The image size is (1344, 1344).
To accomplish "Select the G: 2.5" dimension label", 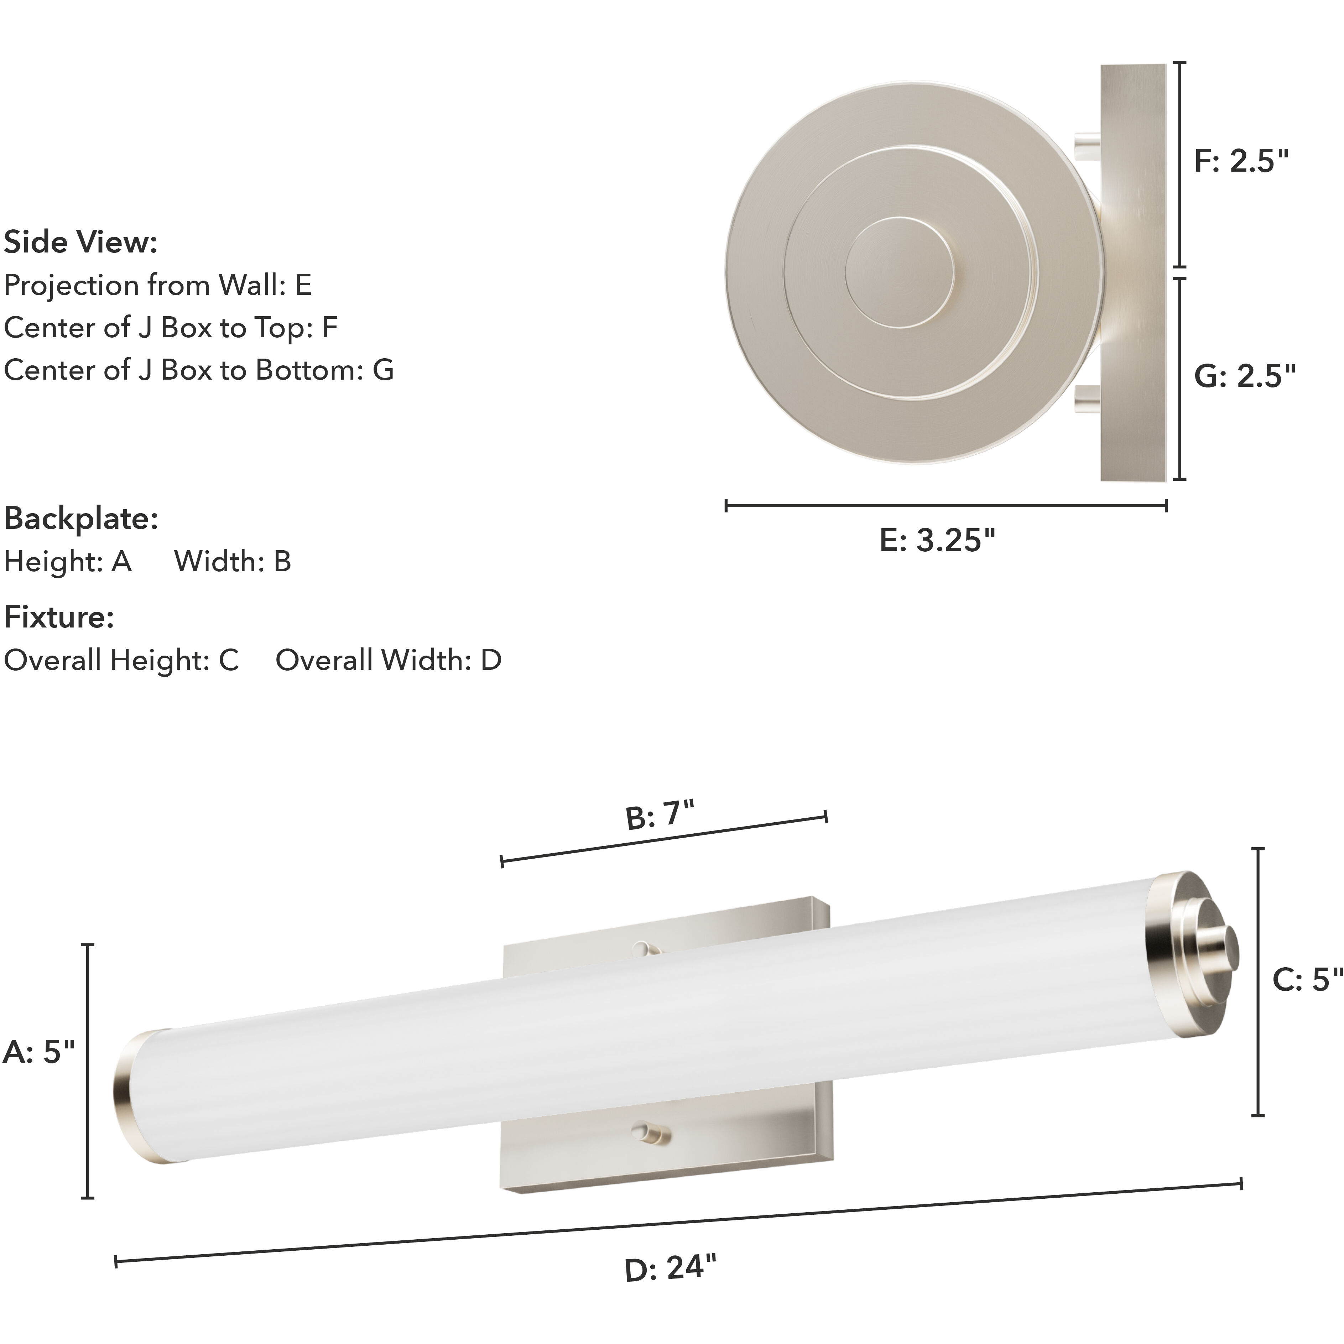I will tap(1245, 376).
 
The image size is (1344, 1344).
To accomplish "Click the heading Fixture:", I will tap(59, 617).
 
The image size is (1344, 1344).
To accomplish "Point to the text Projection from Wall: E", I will tap(158, 285).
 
